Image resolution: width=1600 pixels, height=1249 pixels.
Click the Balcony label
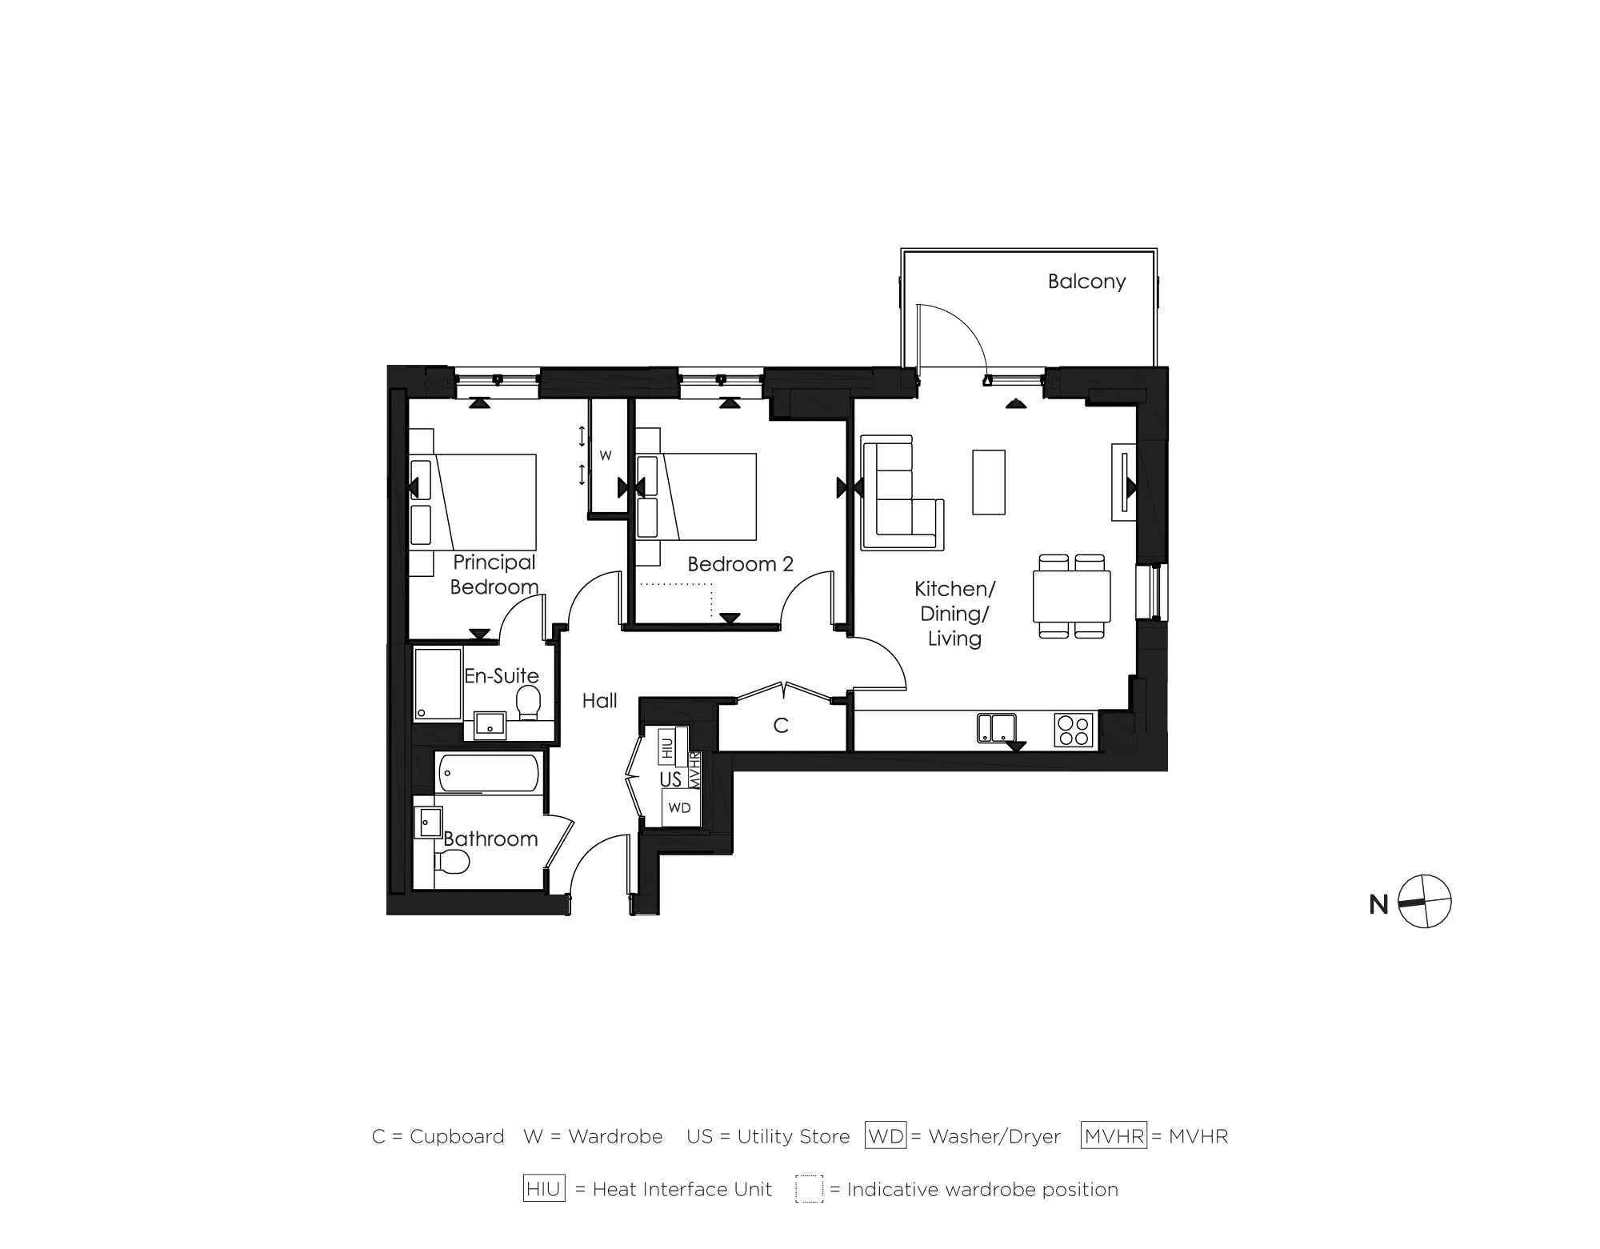1086,282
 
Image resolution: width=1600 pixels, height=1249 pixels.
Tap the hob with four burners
1074,730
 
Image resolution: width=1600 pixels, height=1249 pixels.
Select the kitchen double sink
996,728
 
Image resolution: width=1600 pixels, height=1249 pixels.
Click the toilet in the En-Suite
528,703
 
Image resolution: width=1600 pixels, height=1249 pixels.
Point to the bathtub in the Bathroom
488,773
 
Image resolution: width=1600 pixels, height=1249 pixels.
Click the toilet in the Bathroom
452,862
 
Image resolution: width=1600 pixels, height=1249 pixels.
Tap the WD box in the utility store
679,807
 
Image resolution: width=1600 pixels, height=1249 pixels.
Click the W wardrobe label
606,456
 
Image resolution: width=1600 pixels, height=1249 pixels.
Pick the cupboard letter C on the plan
781,726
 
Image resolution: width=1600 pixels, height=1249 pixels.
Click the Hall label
599,701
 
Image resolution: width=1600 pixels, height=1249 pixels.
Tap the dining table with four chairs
1071,596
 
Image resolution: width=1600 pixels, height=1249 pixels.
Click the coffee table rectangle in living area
989,482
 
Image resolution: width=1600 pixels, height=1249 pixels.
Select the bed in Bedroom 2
708,497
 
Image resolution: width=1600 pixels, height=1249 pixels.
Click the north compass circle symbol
1425,902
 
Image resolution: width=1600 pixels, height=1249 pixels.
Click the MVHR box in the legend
1114,1136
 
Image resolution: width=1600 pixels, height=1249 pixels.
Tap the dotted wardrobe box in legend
809,1189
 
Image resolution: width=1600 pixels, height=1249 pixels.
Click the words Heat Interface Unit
682,1190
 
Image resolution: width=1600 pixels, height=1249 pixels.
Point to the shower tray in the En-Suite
438,684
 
